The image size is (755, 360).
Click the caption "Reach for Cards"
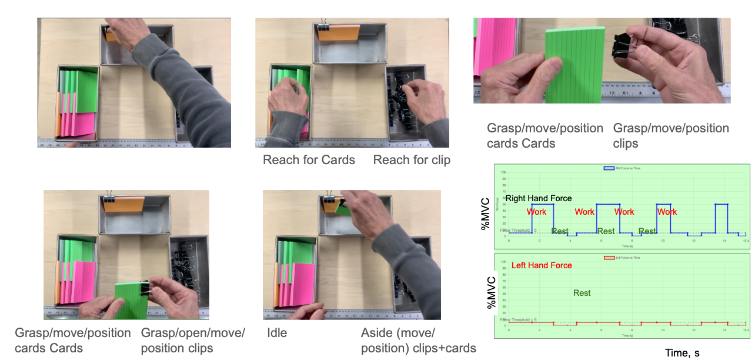click(x=309, y=160)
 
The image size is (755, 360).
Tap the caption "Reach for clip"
click(x=412, y=160)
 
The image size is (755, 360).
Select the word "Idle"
click(x=277, y=333)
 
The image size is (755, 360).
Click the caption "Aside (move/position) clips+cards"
click(x=418, y=341)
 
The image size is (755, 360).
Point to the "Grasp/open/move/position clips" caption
click(x=193, y=341)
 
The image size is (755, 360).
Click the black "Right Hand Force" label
click(x=539, y=198)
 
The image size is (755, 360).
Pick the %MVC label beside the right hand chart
click(x=486, y=213)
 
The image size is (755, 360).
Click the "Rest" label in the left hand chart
click(x=582, y=293)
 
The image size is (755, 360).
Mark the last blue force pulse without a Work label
click(x=721, y=218)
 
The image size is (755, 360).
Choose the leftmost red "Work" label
click(x=537, y=212)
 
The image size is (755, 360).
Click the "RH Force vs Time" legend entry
click(x=623, y=168)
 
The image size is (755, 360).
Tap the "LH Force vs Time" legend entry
click(x=623, y=258)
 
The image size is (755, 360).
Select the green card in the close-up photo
click(x=574, y=68)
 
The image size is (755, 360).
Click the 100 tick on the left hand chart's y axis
click(x=503, y=262)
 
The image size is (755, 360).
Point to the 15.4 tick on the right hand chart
click(x=745, y=241)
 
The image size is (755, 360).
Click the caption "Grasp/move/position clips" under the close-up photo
click(x=671, y=135)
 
